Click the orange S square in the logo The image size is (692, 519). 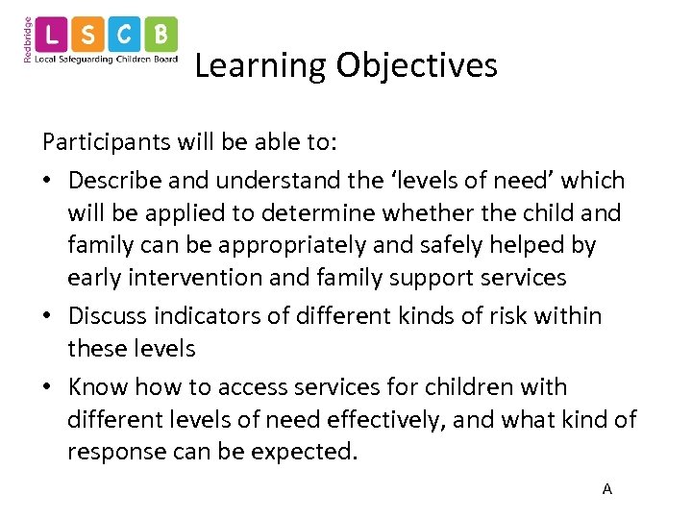pyautogui.click(x=89, y=36)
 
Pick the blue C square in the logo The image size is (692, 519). pyautogui.click(x=124, y=36)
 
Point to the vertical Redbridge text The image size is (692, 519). pyautogui.click(x=27, y=39)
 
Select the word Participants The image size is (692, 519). pyautogui.click(x=106, y=142)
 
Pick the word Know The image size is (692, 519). pyautogui.click(x=97, y=387)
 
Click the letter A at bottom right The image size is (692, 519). pyautogui.click(x=606, y=489)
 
